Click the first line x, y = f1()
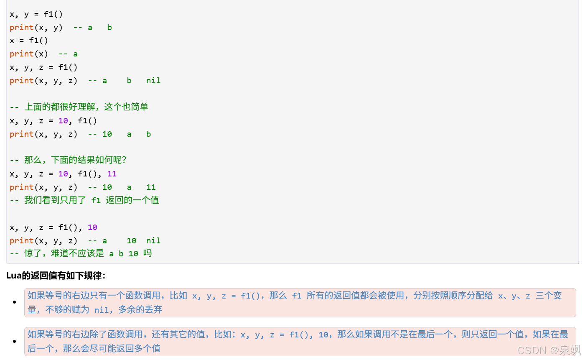point(36,14)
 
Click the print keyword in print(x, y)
point(21,27)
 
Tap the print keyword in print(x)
point(21,54)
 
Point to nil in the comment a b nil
point(153,81)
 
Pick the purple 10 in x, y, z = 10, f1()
point(63,121)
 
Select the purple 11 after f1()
point(112,174)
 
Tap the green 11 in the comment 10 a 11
point(151,187)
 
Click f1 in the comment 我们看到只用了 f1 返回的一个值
point(96,200)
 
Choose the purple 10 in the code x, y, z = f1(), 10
point(92,227)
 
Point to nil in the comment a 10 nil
point(153,241)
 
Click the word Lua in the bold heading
point(14,276)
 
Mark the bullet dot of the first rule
point(14,302)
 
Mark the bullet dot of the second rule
point(14,342)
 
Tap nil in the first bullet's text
point(101,310)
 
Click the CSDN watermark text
point(532,350)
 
